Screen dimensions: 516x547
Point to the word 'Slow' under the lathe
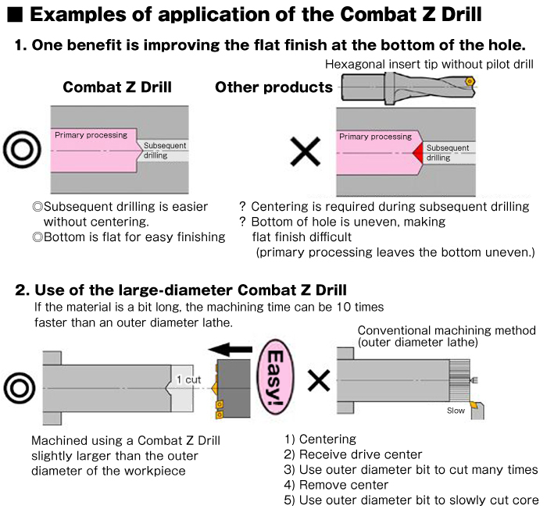456,410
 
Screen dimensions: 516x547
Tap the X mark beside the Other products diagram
305,150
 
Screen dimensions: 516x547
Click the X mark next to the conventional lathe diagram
317,380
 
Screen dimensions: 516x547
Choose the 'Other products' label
273,87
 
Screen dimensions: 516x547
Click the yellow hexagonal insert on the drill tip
468,80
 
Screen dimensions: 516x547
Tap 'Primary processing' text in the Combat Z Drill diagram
91,135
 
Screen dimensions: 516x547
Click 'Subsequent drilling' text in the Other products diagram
447,152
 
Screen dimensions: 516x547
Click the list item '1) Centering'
320,439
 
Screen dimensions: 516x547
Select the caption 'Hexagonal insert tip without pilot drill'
428,64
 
